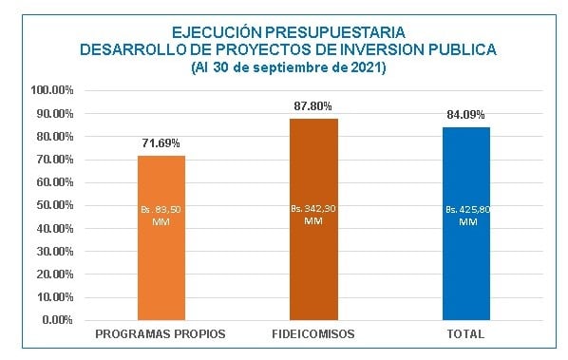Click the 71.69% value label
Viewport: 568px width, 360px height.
161,143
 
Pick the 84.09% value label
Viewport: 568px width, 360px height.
465,115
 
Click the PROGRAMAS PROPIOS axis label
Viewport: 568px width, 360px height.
161,336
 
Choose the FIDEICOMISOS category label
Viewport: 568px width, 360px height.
313,336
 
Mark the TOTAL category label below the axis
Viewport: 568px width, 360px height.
465,336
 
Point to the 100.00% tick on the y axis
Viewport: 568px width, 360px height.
52,91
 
